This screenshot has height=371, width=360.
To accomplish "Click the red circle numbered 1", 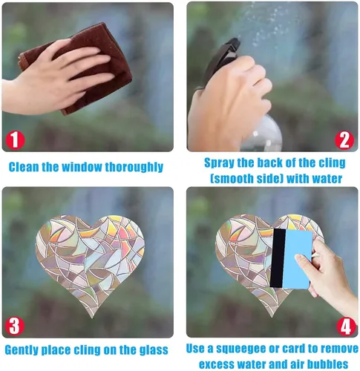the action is point(15,140).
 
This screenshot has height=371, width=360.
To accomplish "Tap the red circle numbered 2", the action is point(344,140).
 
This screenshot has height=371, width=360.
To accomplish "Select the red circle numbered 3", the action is point(14,326).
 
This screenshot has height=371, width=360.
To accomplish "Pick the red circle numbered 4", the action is point(346,326).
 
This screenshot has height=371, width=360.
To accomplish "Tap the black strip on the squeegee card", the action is point(278,258).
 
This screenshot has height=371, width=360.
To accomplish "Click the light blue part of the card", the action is point(298,260).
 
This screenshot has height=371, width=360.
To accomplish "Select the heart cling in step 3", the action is point(91,262).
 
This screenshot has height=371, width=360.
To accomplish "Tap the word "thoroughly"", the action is point(134,168).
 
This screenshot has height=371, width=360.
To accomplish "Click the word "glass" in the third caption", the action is point(152,350).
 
